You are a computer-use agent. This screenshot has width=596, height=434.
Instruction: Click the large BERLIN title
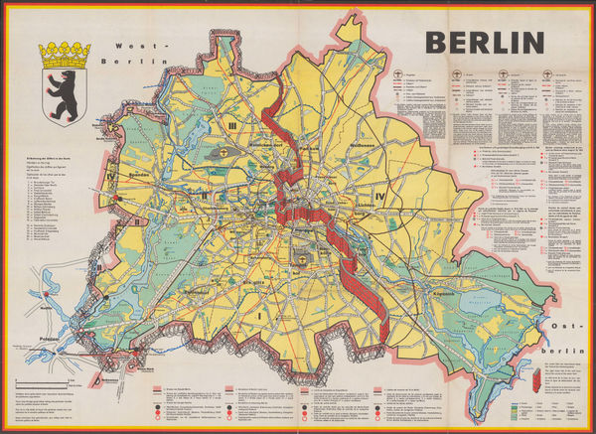coord(485,41)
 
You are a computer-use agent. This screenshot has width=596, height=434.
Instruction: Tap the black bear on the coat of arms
coord(63,87)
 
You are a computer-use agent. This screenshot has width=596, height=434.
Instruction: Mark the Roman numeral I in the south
coord(260,316)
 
